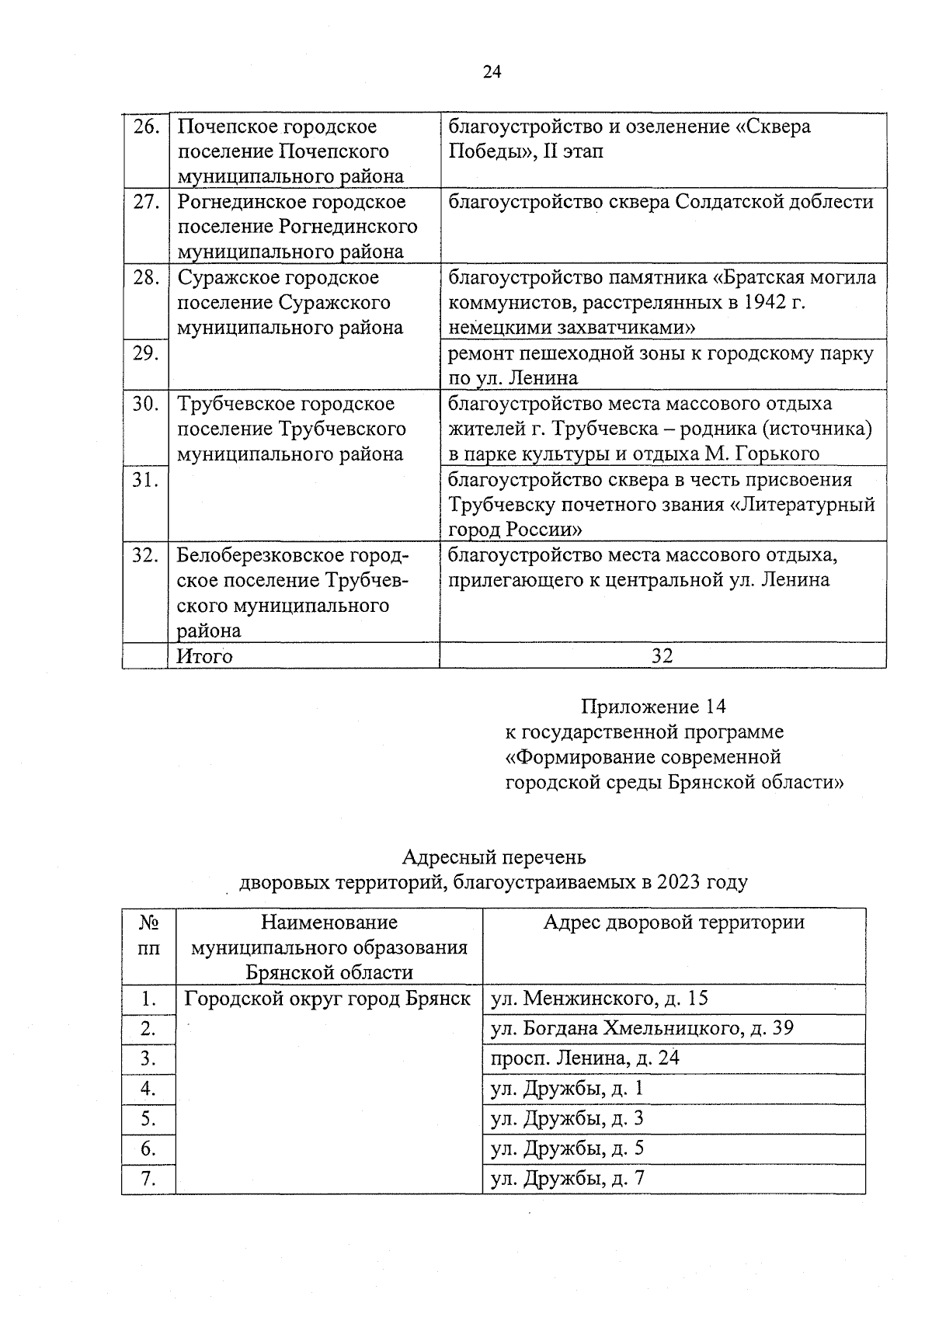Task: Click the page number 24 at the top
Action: click(x=492, y=72)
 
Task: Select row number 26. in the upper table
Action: click(x=146, y=127)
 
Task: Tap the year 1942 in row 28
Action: click(x=757, y=303)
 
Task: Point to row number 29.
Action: click(x=146, y=353)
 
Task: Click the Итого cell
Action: click(x=205, y=656)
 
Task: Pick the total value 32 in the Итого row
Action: click(x=662, y=656)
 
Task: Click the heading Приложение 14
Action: click(x=653, y=707)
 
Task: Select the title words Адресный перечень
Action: click(x=493, y=857)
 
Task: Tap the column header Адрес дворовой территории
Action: click(x=673, y=923)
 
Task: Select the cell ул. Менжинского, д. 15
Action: click(x=600, y=999)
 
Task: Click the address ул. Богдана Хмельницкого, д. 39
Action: click(x=642, y=1029)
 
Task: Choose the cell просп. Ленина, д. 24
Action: click(x=585, y=1058)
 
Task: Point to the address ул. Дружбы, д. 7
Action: click(x=568, y=1179)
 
